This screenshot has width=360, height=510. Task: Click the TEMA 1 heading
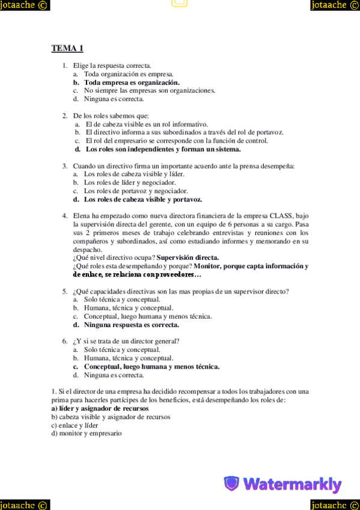pos(67,48)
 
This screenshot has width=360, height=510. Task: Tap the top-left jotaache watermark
pos(25,5)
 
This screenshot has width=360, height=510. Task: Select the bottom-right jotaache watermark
pos(335,505)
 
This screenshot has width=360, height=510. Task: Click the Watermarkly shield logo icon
pos(231,484)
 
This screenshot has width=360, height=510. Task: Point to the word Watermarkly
pos(293,484)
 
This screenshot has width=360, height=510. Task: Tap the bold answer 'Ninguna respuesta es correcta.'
pos(131,325)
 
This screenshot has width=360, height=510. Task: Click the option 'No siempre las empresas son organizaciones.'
pos(149,91)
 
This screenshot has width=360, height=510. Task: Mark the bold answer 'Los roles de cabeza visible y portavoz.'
pos(142,199)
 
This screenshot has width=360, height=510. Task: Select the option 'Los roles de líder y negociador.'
pos(130,182)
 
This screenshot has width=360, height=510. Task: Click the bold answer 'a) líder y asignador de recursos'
pos(100,408)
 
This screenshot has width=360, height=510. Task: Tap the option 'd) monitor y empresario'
pos(87,433)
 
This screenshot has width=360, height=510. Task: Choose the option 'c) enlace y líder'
pos(75,425)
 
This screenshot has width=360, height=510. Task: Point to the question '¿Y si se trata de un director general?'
pos(126,341)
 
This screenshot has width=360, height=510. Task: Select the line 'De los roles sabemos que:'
pos(111,115)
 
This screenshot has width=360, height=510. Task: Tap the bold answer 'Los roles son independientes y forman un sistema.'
pos(163,149)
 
